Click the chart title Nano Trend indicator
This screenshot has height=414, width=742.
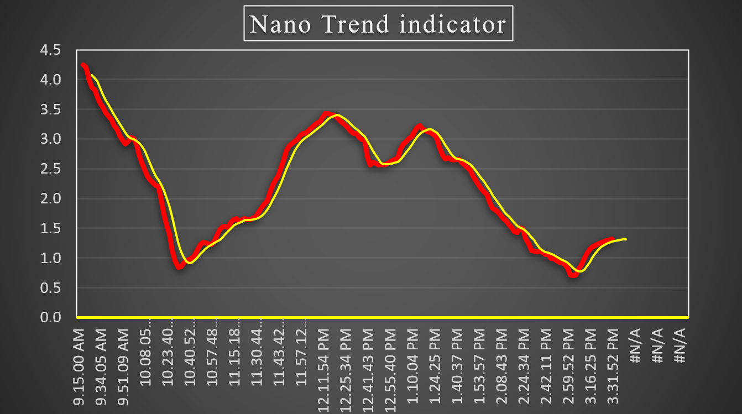(378, 24)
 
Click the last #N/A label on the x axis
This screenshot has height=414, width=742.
(681, 345)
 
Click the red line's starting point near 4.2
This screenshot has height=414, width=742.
(82, 65)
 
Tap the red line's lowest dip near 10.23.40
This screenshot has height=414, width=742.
(180, 267)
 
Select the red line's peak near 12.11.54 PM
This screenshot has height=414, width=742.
(326, 114)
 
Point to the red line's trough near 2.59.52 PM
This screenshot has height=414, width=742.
(573, 274)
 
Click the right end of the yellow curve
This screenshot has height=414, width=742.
(625, 239)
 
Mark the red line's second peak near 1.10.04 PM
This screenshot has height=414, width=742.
(419, 127)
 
